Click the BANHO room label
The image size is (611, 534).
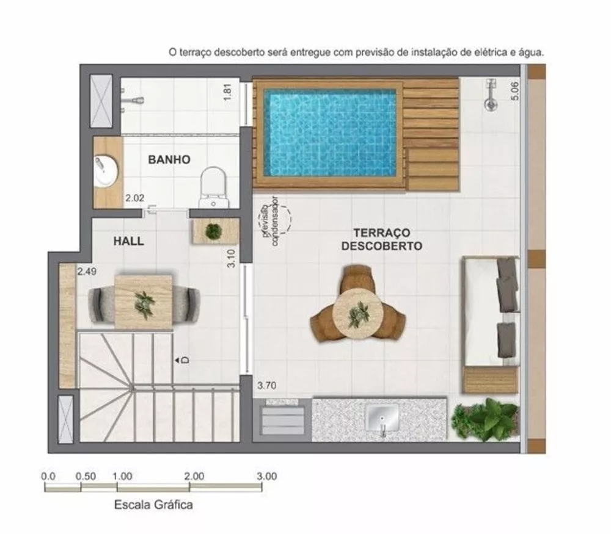169,160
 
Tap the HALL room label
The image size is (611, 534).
129,241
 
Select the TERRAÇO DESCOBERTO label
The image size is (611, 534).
381,240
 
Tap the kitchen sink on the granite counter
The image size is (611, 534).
383,418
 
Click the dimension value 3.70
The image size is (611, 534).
267,386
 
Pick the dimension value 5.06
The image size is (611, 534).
514,90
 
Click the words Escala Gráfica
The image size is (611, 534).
153,505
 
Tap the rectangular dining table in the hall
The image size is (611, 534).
143,302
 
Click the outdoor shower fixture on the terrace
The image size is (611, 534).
489,98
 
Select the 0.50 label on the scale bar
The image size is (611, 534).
86,476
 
